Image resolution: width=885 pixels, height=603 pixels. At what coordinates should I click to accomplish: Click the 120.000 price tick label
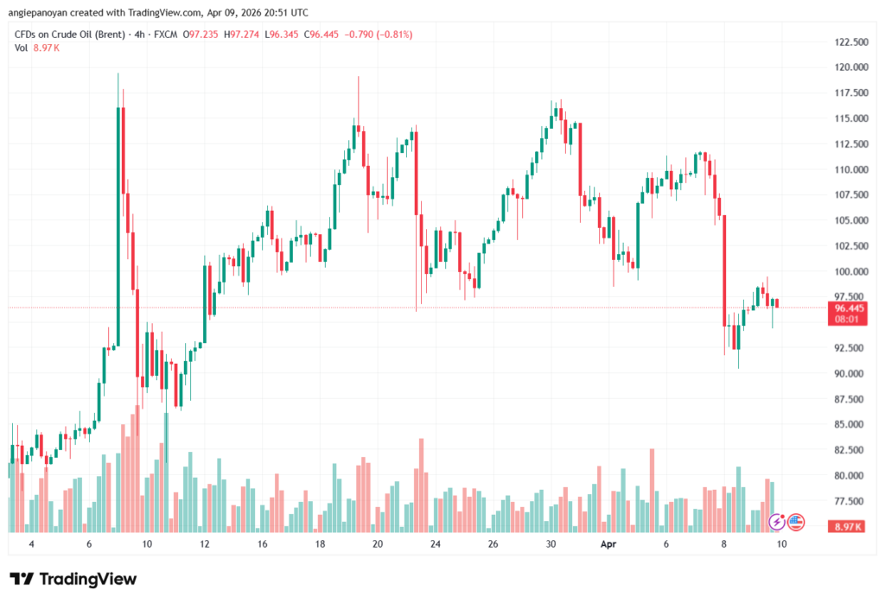pyautogui.click(x=847, y=67)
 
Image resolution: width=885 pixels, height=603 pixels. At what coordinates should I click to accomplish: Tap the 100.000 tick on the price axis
pyautogui.click(x=847, y=271)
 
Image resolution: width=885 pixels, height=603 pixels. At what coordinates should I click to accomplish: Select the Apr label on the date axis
pyautogui.click(x=608, y=545)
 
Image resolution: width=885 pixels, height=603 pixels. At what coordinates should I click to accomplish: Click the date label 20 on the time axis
pyautogui.click(x=378, y=545)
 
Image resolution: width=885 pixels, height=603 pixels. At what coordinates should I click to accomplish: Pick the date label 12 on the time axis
pyautogui.click(x=205, y=545)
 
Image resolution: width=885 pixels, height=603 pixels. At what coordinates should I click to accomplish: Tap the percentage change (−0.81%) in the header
pyautogui.click(x=393, y=35)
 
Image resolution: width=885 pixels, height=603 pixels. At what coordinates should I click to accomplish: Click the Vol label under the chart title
pyautogui.click(x=22, y=48)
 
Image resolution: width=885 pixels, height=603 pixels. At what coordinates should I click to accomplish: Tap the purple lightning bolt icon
pyautogui.click(x=776, y=522)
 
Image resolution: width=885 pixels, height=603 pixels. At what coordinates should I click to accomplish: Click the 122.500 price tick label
pyautogui.click(x=847, y=42)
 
